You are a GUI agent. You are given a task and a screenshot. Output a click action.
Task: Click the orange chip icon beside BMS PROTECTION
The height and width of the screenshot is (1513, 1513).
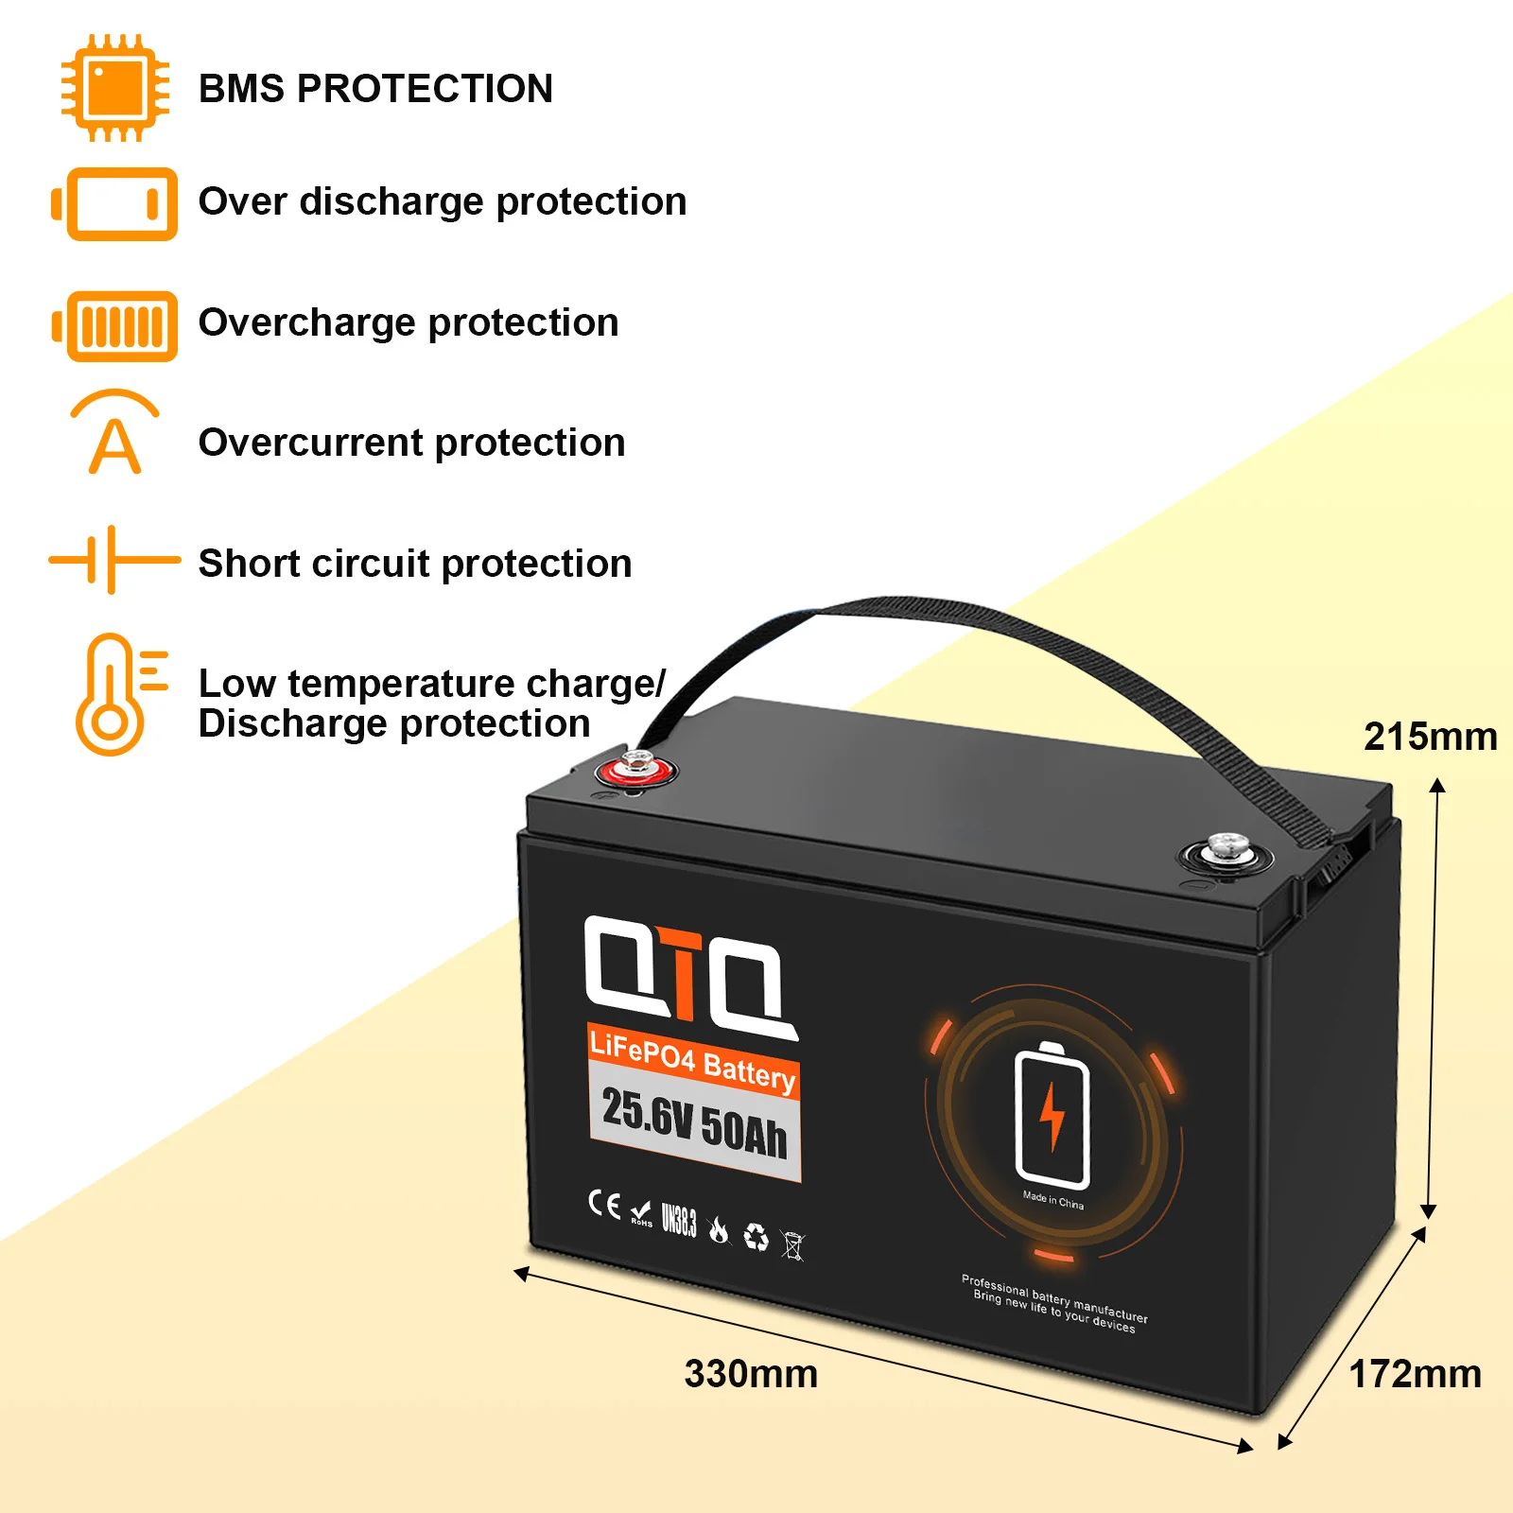point(114,88)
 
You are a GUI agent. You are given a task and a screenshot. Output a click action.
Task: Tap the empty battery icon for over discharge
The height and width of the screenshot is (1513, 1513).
point(114,203)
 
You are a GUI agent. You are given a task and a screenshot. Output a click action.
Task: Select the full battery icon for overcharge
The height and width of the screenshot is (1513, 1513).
point(114,326)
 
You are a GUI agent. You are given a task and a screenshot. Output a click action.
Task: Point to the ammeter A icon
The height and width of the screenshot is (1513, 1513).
point(114,433)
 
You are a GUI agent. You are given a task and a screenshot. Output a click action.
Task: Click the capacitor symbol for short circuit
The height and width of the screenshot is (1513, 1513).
point(113,560)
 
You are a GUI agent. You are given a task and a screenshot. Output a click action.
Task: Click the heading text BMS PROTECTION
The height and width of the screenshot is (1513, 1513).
point(375,89)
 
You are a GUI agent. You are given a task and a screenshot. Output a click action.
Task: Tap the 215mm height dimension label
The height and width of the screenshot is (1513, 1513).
point(1430,737)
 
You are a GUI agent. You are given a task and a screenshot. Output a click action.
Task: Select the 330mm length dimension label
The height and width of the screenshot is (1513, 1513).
point(751,1374)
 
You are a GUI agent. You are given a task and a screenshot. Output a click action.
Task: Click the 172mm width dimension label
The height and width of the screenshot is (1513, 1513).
point(1415,1374)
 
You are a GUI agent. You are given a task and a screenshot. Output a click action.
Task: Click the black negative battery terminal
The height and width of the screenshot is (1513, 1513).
point(1226,854)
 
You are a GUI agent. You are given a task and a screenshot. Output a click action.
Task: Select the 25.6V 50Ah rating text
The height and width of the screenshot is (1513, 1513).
point(694,1122)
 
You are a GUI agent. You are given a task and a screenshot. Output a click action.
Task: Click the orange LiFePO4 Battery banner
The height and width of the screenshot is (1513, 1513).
point(692,1060)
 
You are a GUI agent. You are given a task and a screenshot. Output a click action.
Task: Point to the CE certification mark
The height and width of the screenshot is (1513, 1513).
point(604,1204)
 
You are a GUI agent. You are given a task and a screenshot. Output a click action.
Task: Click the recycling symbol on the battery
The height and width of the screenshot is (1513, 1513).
point(756,1236)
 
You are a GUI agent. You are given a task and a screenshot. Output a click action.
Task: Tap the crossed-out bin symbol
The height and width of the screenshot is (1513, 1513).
point(793,1245)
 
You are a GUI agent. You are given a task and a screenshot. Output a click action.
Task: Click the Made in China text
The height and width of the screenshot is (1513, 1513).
point(1052,1200)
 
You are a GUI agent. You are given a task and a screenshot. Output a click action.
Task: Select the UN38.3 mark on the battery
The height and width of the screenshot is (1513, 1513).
point(678,1220)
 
